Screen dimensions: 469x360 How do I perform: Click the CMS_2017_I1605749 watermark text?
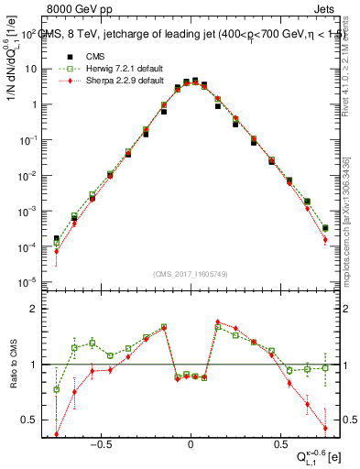pyautogui.click(x=190, y=275)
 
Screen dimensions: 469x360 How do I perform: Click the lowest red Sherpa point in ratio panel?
pyautogui.click(x=57, y=434)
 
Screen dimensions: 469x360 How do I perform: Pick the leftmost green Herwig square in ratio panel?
pyautogui.click(x=57, y=389)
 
